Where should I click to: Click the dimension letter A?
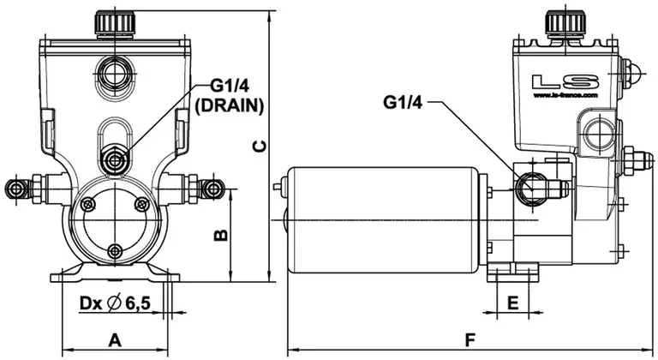click(115, 340)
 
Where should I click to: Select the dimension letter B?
click(219, 234)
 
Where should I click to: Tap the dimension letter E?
click(512, 303)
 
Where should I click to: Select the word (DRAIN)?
click(229, 105)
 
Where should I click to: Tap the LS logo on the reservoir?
click(564, 82)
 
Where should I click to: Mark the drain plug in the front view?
click(112, 159)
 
